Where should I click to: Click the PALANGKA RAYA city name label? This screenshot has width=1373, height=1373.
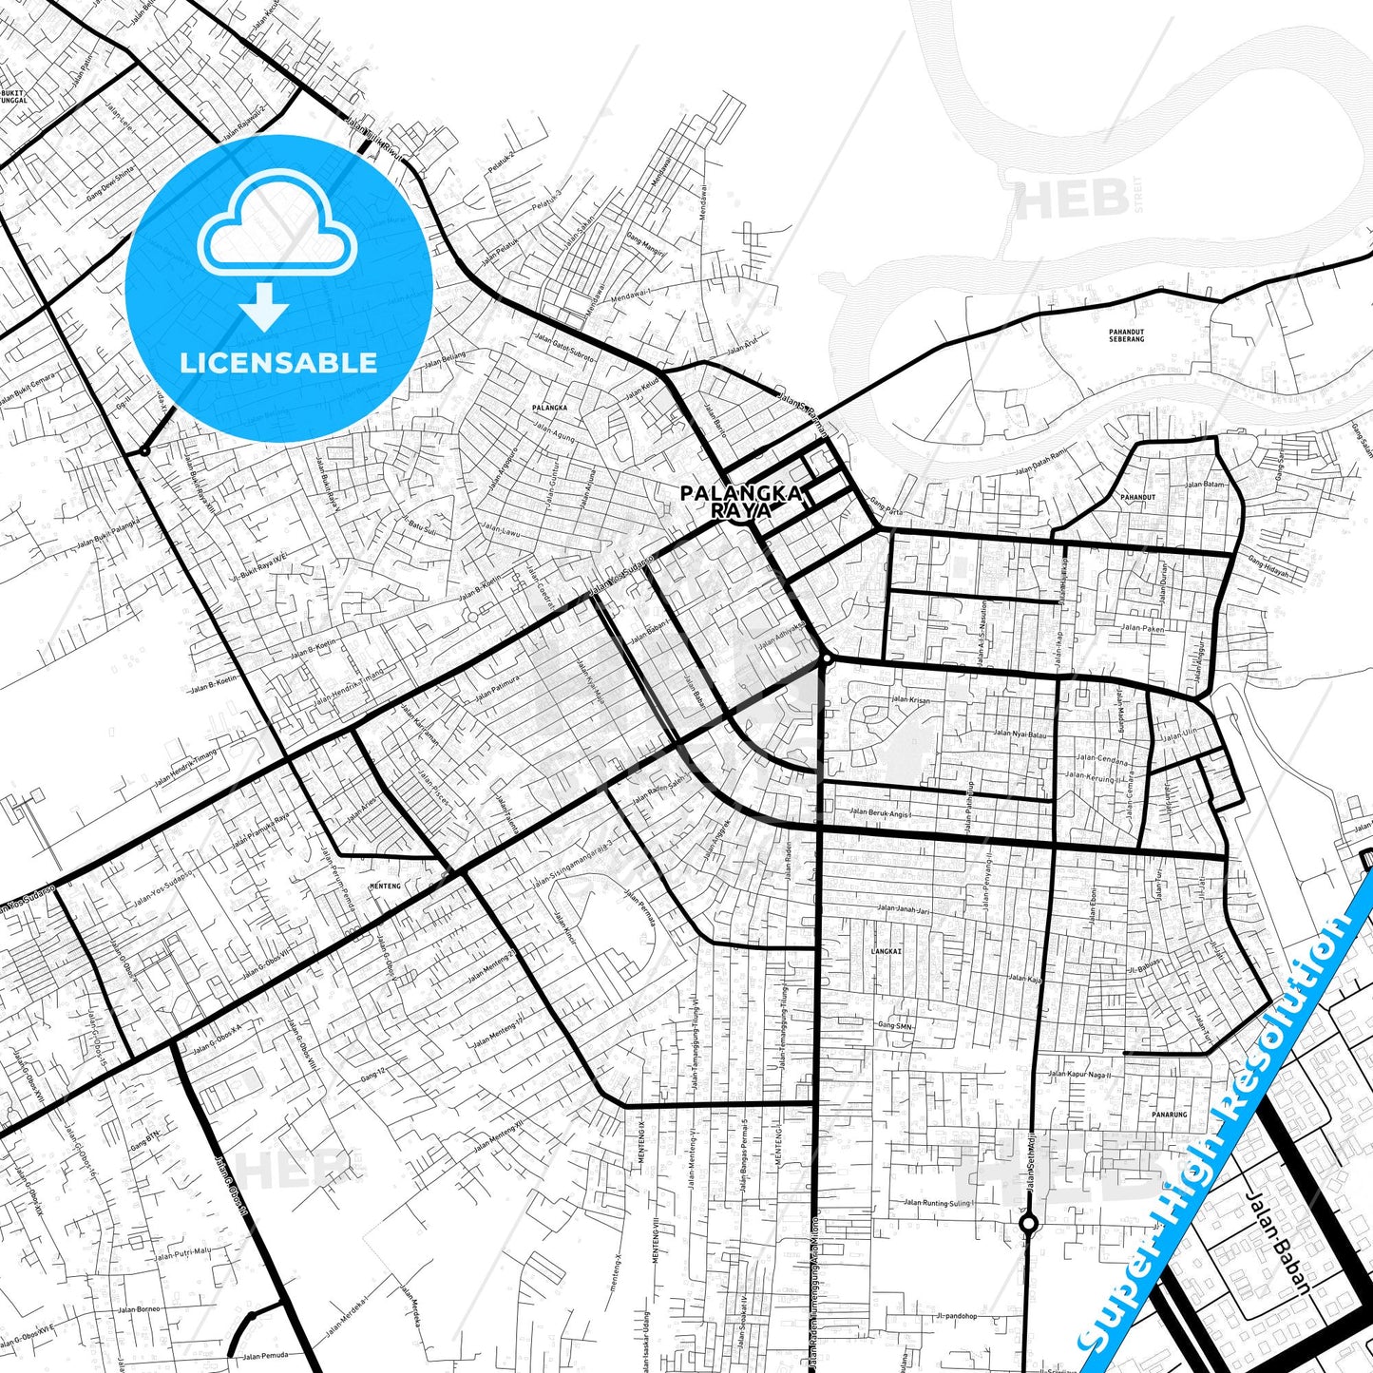click(741, 502)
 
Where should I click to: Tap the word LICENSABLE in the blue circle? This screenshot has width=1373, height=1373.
click(278, 362)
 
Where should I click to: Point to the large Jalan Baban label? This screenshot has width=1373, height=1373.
click(1277, 1244)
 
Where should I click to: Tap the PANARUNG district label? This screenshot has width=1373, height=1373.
click(1169, 1115)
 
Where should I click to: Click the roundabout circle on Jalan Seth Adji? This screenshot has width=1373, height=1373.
click(1028, 1224)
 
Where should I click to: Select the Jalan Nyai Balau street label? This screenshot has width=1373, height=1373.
click(1019, 734)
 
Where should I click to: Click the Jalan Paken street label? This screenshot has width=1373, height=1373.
click(1142, 628)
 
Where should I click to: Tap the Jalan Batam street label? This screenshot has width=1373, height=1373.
click(1204, 485)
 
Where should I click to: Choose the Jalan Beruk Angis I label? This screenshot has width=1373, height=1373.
click(881, 812)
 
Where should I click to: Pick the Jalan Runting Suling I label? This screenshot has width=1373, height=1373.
click(938, 1203)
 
